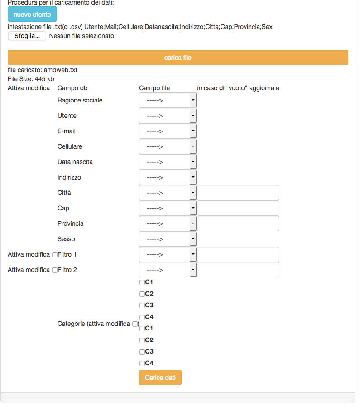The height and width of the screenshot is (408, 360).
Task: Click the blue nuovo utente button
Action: pos(32,15)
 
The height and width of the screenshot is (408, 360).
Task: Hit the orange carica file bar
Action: pos(178,58)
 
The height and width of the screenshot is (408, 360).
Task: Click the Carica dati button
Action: pos(160,378)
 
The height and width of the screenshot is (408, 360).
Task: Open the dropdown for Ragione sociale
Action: pos(168,101)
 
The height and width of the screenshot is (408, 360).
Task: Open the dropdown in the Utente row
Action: pos(168,116)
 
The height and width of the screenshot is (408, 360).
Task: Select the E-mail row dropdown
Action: pos(168,131)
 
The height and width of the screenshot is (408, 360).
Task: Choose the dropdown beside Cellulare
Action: pos(168,147)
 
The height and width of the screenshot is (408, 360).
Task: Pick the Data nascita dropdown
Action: pos(168,162)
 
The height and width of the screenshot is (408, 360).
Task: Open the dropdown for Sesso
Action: pos(168,239)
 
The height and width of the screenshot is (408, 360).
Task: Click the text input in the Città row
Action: pos(238,193)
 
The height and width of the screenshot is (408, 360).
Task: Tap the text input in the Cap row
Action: pos(238,208)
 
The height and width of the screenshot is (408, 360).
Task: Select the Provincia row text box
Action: pos(238,223)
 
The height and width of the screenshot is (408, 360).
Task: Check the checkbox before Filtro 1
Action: pos(55,255)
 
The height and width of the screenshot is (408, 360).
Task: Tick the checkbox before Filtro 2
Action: pos(55,270)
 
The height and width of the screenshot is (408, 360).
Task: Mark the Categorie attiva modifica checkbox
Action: pos(134,324)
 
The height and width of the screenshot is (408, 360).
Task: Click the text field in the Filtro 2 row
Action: pos(238,270)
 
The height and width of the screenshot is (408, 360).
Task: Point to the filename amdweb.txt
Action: pos(61,70)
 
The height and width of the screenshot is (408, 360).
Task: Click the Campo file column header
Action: pos(154,88)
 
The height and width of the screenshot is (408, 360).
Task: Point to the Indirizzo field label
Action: pos(69,177)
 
